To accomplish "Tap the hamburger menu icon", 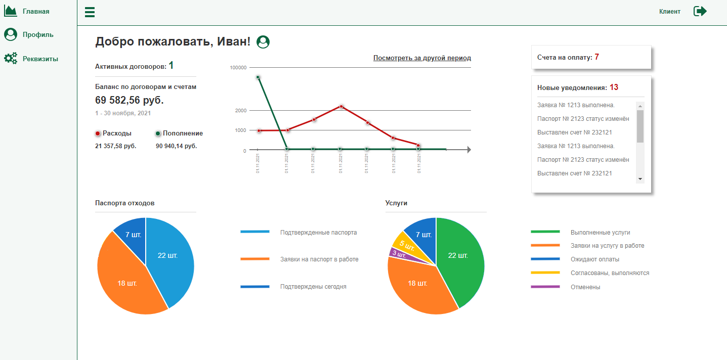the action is pos(90,12).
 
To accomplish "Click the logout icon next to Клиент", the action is pos(700,11).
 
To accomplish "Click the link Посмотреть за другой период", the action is pos(422,58).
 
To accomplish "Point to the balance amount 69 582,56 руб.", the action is pos(129,100).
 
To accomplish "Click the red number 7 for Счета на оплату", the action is pos(596,57).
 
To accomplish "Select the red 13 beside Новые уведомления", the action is pos(614,87).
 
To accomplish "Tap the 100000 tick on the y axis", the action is pos(238,67).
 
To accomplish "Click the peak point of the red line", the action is pos(341,106).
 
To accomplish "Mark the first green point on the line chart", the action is pos(258,77).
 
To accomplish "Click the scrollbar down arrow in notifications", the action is pos(640,178).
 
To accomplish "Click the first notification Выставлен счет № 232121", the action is pos(574,132).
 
